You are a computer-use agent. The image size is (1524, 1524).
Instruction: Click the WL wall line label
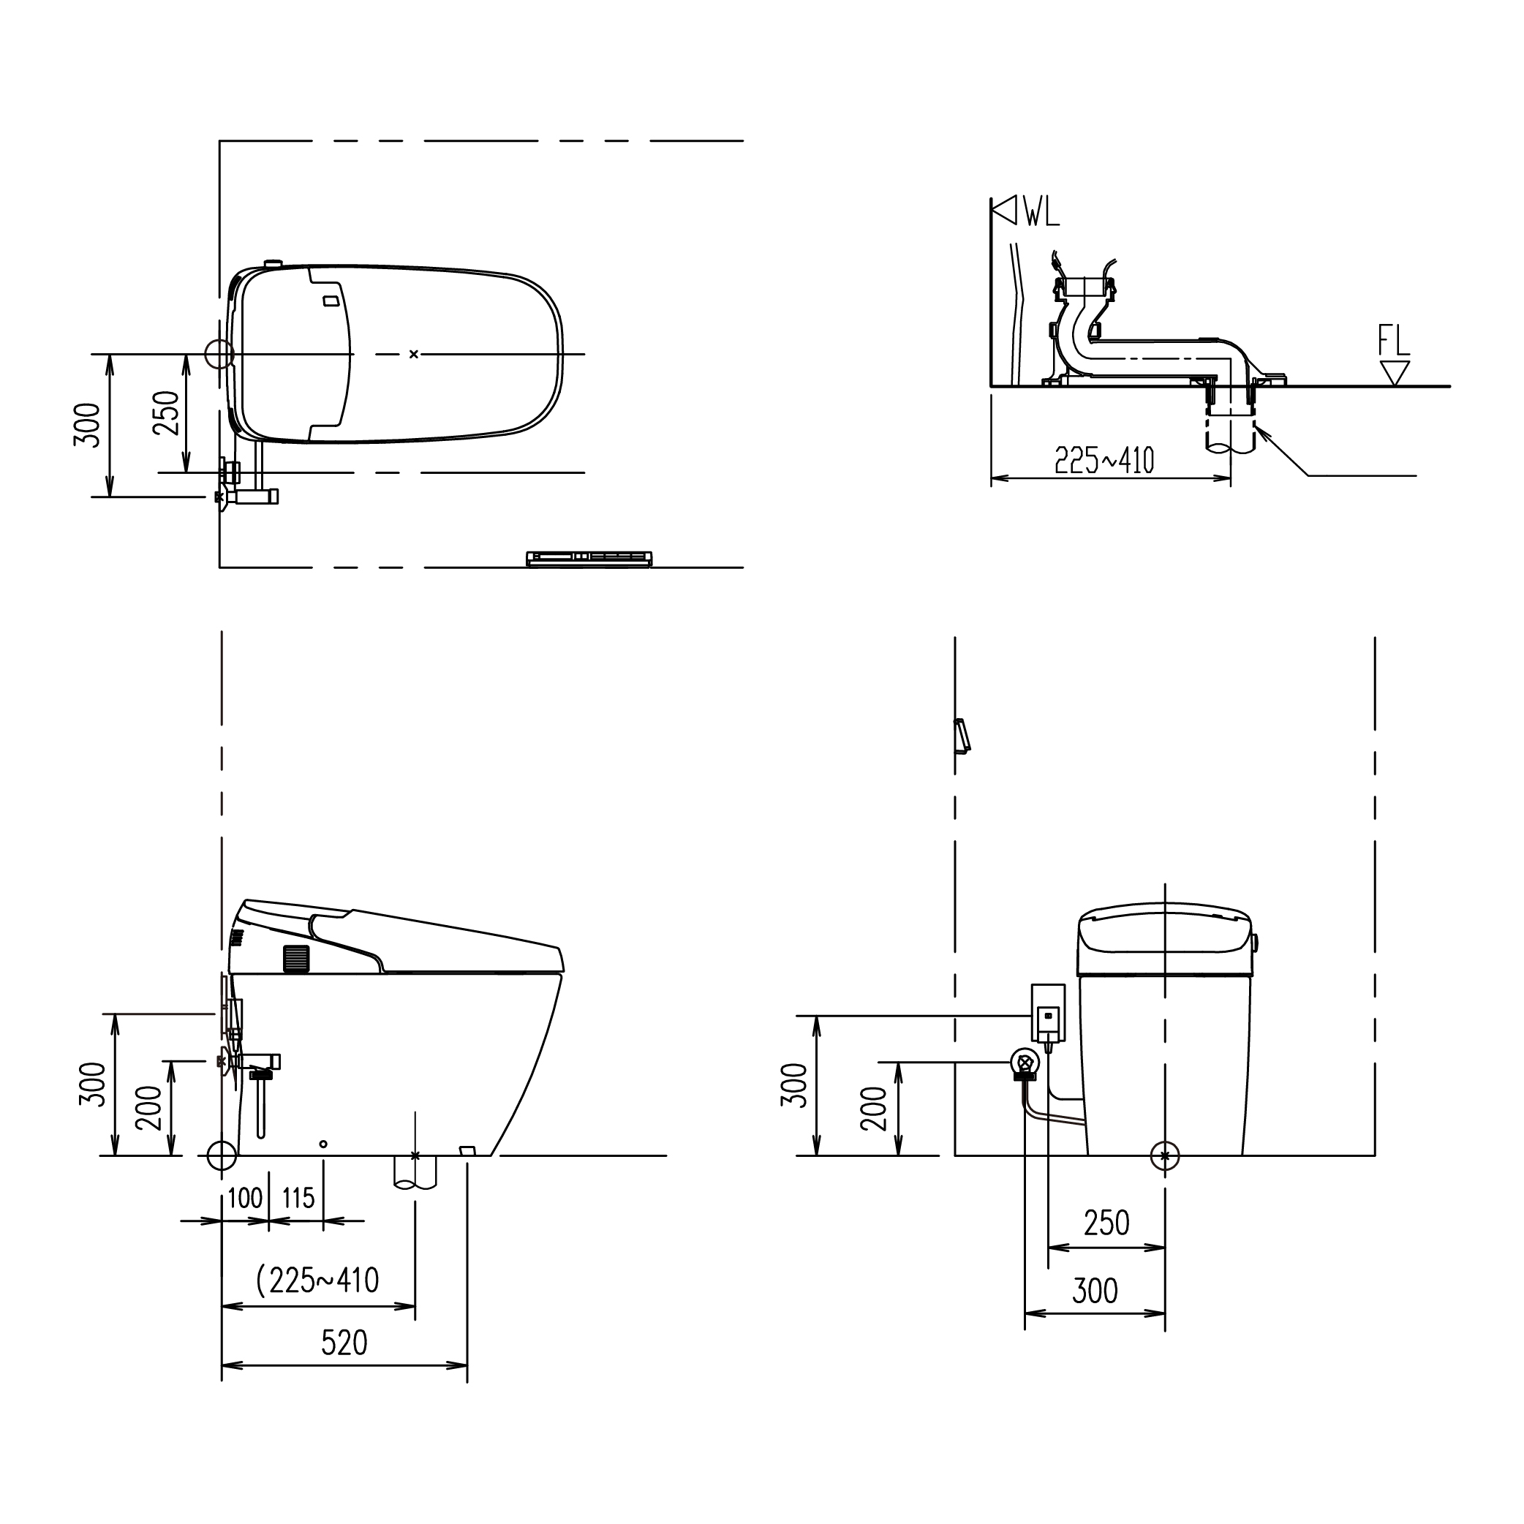[1042, 212]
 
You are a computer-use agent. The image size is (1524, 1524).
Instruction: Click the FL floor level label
[1393, 341]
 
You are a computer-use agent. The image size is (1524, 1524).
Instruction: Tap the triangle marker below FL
[1395, 372]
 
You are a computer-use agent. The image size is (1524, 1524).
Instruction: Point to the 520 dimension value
[344, 1343]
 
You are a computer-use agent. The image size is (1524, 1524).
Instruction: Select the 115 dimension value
[298, 1199]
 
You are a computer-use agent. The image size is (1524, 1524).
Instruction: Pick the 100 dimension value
[244, 1199]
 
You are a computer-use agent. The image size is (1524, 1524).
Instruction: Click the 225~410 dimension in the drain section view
[1104, 461]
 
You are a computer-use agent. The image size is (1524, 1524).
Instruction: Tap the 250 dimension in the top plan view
[167, 412]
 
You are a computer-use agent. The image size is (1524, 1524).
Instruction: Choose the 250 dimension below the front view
[1106, 1223]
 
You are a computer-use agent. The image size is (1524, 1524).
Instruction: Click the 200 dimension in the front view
[873, 1109]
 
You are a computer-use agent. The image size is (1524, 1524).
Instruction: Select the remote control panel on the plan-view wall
[589, 559]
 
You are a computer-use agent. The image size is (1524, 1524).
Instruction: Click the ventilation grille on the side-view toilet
[296, 959]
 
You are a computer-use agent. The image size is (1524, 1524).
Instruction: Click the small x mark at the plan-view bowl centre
[413, 354]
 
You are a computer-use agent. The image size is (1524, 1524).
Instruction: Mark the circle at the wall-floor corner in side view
[222, 1155]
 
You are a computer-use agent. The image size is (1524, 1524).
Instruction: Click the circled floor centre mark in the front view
[1165, 1156]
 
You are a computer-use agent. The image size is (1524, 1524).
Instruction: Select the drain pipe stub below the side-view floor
[415, 1173]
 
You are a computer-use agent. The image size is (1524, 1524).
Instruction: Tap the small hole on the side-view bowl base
[322, 1144]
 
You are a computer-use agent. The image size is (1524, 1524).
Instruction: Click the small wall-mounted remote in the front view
[962, 736]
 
